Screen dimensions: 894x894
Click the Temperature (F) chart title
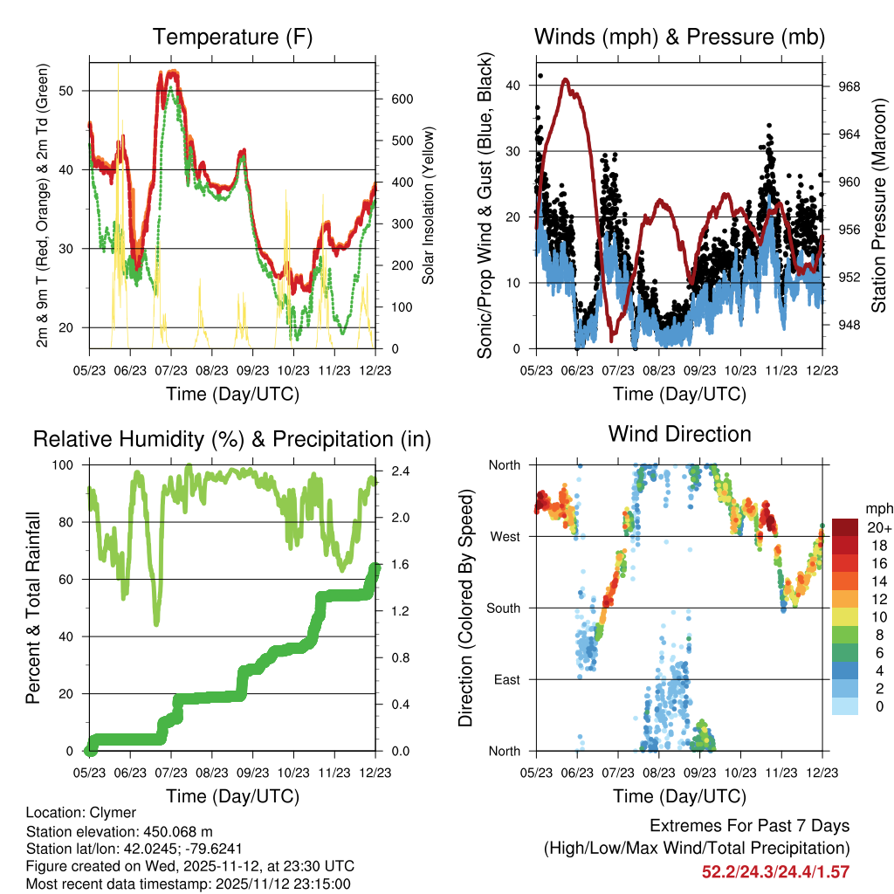[232, 38]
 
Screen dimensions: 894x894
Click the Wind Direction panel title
[679, 434]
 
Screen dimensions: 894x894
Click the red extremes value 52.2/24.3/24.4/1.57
[776, 871]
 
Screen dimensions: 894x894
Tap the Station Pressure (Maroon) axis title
[878, 205]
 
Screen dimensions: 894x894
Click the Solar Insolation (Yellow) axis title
[429, 205]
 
